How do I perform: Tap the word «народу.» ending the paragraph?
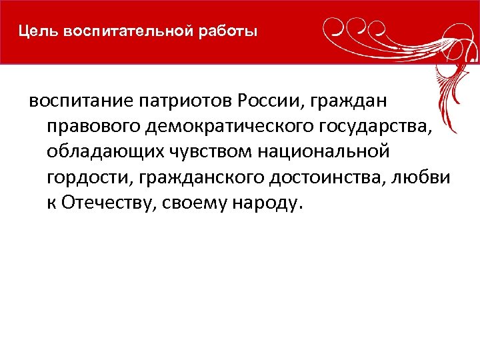pos(267,204)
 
